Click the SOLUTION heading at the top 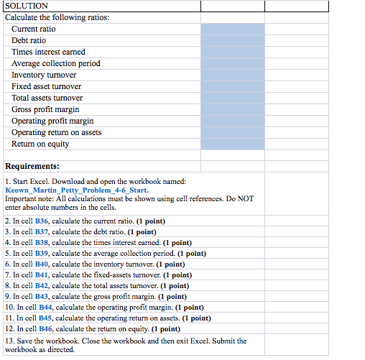coord(24,6)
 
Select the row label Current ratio coord(33,29)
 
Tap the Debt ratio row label coord(29,40)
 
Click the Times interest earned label coord(48,52)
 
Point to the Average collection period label coord(56,63)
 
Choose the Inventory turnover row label coord(44,75)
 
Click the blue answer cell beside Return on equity coord(233,144)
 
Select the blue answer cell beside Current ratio coord(233,29)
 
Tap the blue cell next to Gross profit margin coord(233,109)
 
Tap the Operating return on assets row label coord(57,132)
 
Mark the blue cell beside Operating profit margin coord(233,121)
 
